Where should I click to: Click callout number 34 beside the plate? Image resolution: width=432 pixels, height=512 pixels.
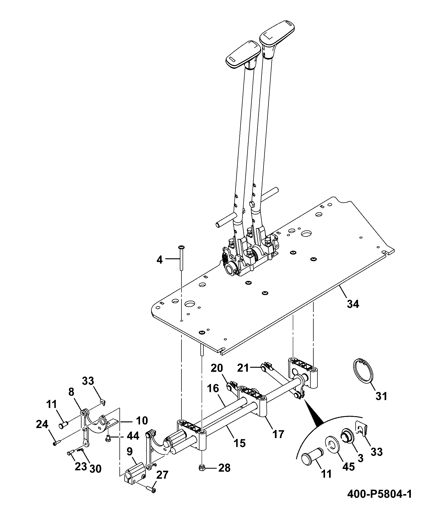tap(353, 304)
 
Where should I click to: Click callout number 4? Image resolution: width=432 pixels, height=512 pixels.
tap(160, 260)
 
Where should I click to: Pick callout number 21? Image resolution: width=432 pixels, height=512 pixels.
tap(243, 368)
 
